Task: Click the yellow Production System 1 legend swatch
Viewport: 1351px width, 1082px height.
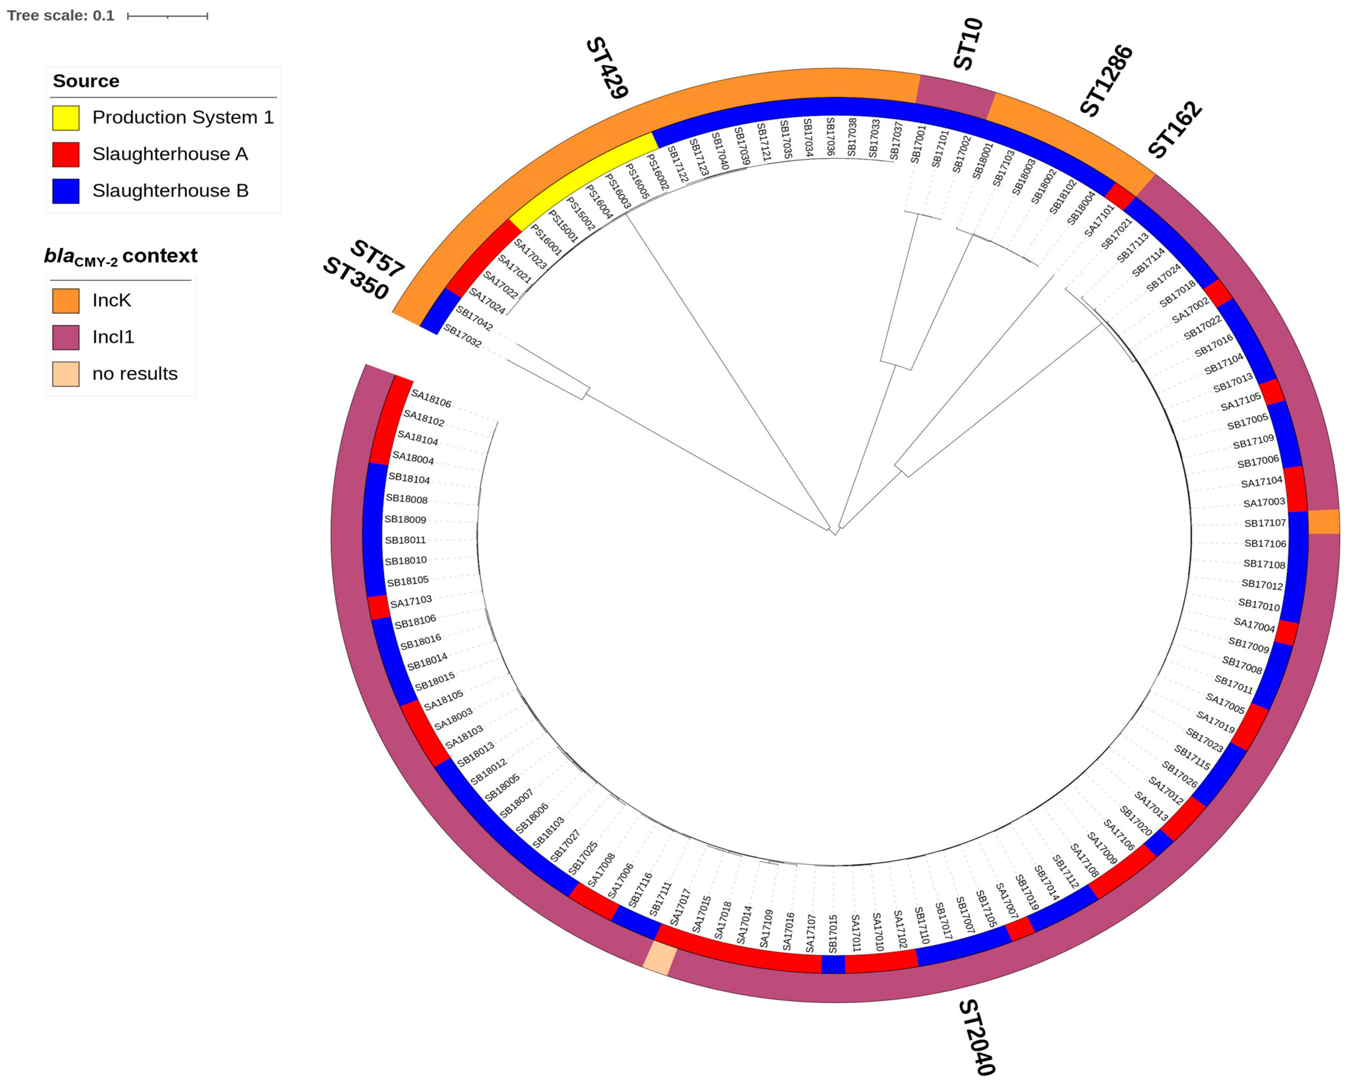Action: [x=66, y=118]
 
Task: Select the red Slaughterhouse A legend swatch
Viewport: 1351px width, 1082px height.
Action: [x=66, y=154]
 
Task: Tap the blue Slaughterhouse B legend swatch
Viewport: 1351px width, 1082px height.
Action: [x=66, y=190]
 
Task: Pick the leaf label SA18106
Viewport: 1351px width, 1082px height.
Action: [x=431, y=398]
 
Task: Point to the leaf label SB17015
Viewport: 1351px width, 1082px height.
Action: [x=833, y=934]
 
